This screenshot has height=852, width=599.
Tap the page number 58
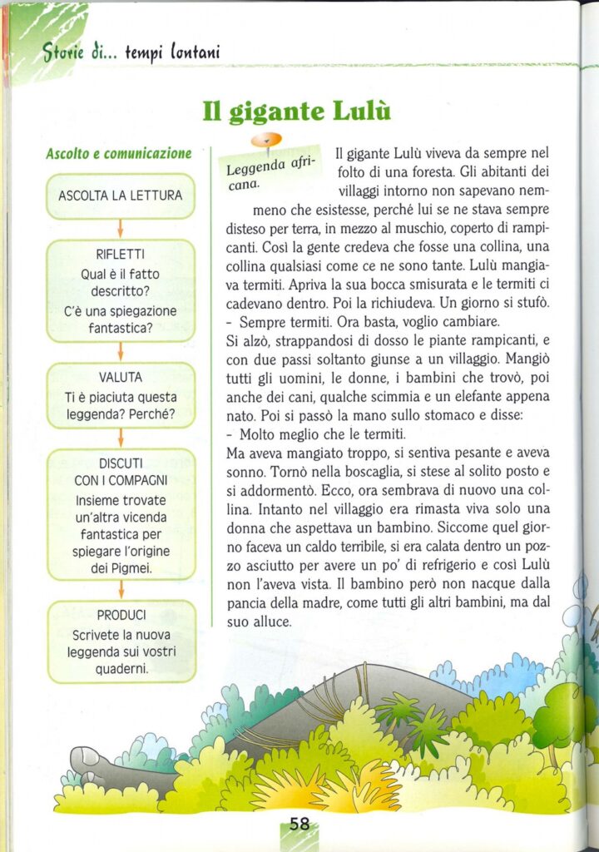pos(299,824)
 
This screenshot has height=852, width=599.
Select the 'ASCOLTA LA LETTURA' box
pos(121,196)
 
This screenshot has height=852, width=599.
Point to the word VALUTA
pos(121,378)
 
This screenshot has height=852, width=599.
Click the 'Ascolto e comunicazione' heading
pos(119,154)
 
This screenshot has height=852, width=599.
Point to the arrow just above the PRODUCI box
pos(121,590)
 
